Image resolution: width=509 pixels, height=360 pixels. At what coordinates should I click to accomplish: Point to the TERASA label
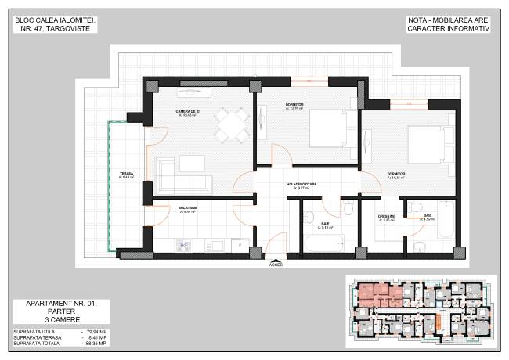(x=125, y=174)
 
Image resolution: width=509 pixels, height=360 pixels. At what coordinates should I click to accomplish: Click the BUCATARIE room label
(x=187, y=207)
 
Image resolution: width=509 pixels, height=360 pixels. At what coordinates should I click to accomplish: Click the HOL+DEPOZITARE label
(x=301, y=185)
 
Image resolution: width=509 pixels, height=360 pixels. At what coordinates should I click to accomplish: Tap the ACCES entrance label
(x=276, y=265)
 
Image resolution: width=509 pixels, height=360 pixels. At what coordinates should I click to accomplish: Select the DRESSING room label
(x=388, y=215)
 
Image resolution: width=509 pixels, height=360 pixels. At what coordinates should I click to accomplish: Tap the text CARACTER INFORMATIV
(x=448, y=27)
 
